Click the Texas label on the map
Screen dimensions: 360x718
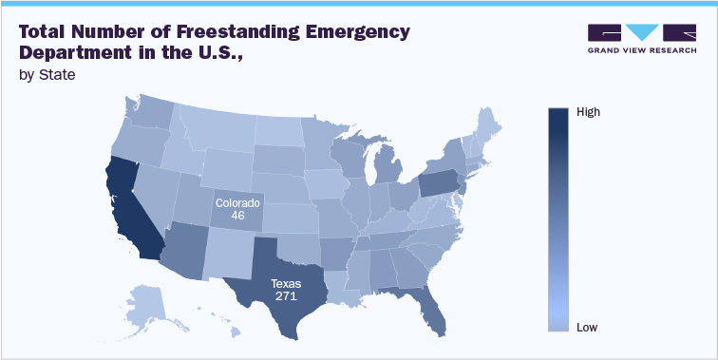[285, 283]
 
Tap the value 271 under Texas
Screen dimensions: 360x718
[285, 296]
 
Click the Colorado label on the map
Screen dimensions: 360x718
[236, 203]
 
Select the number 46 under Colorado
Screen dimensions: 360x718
[236, 217]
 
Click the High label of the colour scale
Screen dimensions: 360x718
[589, 112]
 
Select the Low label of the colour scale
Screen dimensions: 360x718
[587, 328]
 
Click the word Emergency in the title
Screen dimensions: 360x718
[362, 31]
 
